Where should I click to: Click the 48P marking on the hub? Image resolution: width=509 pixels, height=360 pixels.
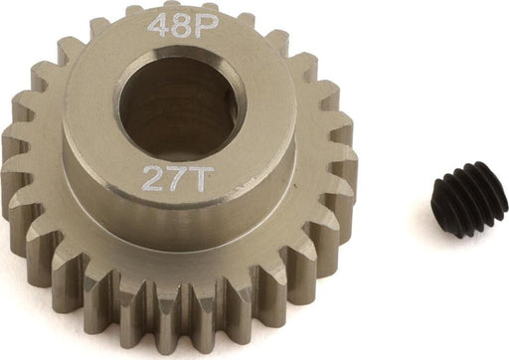tap(184, 26)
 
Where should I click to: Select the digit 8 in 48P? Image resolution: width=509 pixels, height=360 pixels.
tap(184, 26)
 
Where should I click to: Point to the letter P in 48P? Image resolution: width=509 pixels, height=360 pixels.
tap(209, 25)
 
